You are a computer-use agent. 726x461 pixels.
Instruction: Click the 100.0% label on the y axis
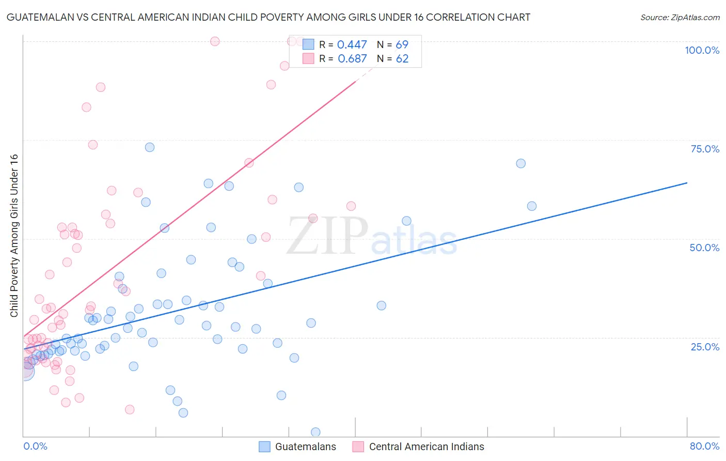tap(702, 50)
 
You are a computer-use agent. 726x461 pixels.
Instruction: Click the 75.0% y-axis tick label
tap(705, 149)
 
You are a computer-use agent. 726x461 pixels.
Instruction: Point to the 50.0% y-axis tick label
tap(704, 248)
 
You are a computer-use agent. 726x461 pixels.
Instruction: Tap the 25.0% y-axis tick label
tap(705, 347)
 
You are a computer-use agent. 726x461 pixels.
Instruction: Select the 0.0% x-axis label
tap(35, 446)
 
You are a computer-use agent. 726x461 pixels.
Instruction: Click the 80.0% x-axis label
tap(704, 446)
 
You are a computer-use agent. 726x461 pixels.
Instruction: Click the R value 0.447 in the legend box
tap(352, 45)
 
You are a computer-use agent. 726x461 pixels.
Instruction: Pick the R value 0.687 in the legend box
tap(352, 59)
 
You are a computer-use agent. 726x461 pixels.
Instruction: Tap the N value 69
tap(402, 45)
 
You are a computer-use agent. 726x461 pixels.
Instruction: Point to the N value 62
tap(402, 59)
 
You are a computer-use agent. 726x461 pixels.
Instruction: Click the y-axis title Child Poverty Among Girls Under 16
tap(14, 236)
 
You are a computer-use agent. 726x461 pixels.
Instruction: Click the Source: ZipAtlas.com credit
tap(680, 18)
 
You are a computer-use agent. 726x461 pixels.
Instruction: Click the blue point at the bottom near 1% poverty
tap(315, 432)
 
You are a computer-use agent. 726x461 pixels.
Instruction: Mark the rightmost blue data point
tap(532, 206)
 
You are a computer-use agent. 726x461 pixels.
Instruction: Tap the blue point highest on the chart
tap(150, 147)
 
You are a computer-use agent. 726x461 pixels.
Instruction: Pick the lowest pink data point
tap(130, 409)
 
